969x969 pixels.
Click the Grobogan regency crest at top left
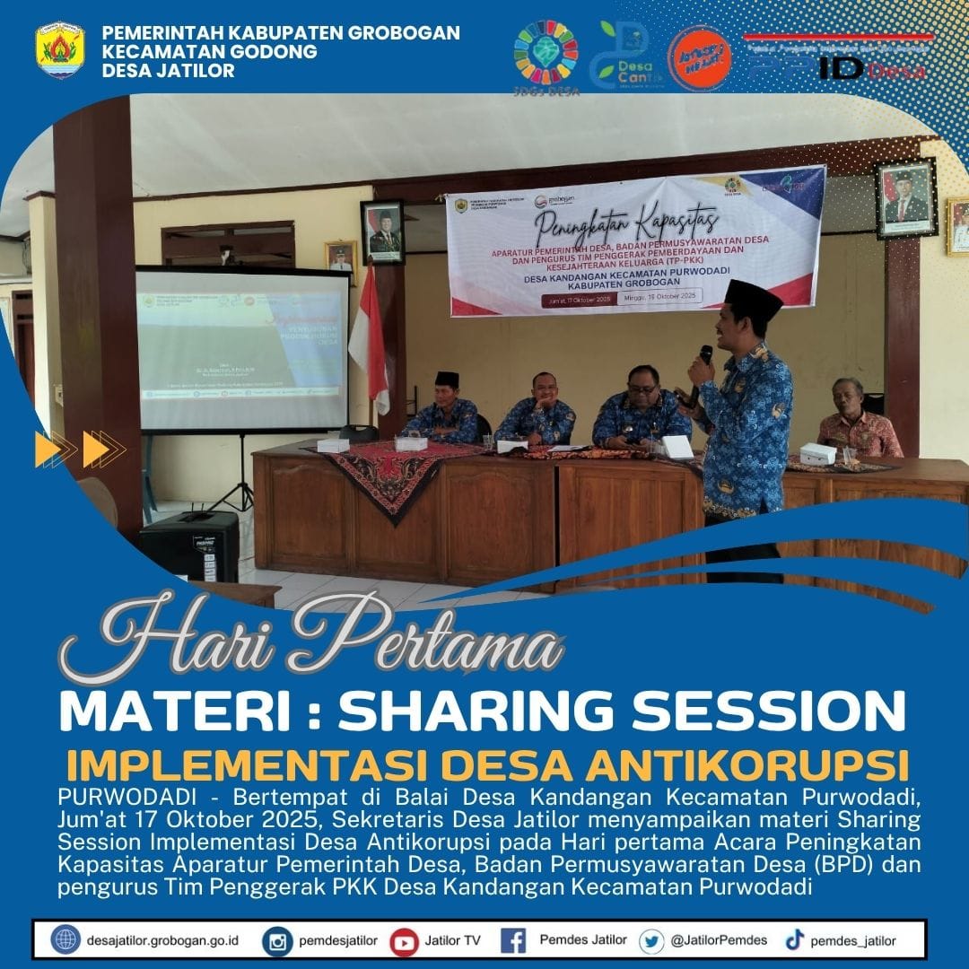[60, 49]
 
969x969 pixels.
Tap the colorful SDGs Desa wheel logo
[546, 52]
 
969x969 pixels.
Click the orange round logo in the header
[700, 57]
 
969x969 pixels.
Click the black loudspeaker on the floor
[189, 546]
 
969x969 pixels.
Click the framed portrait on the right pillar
[905, 200]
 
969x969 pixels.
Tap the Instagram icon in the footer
[278, 941]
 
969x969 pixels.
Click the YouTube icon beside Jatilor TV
[405, 941]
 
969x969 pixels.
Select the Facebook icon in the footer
[513, 941]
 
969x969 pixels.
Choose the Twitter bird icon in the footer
[652, 941]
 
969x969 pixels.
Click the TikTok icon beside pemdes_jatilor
[794, 940]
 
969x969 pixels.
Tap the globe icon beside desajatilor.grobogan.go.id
[65, 940]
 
